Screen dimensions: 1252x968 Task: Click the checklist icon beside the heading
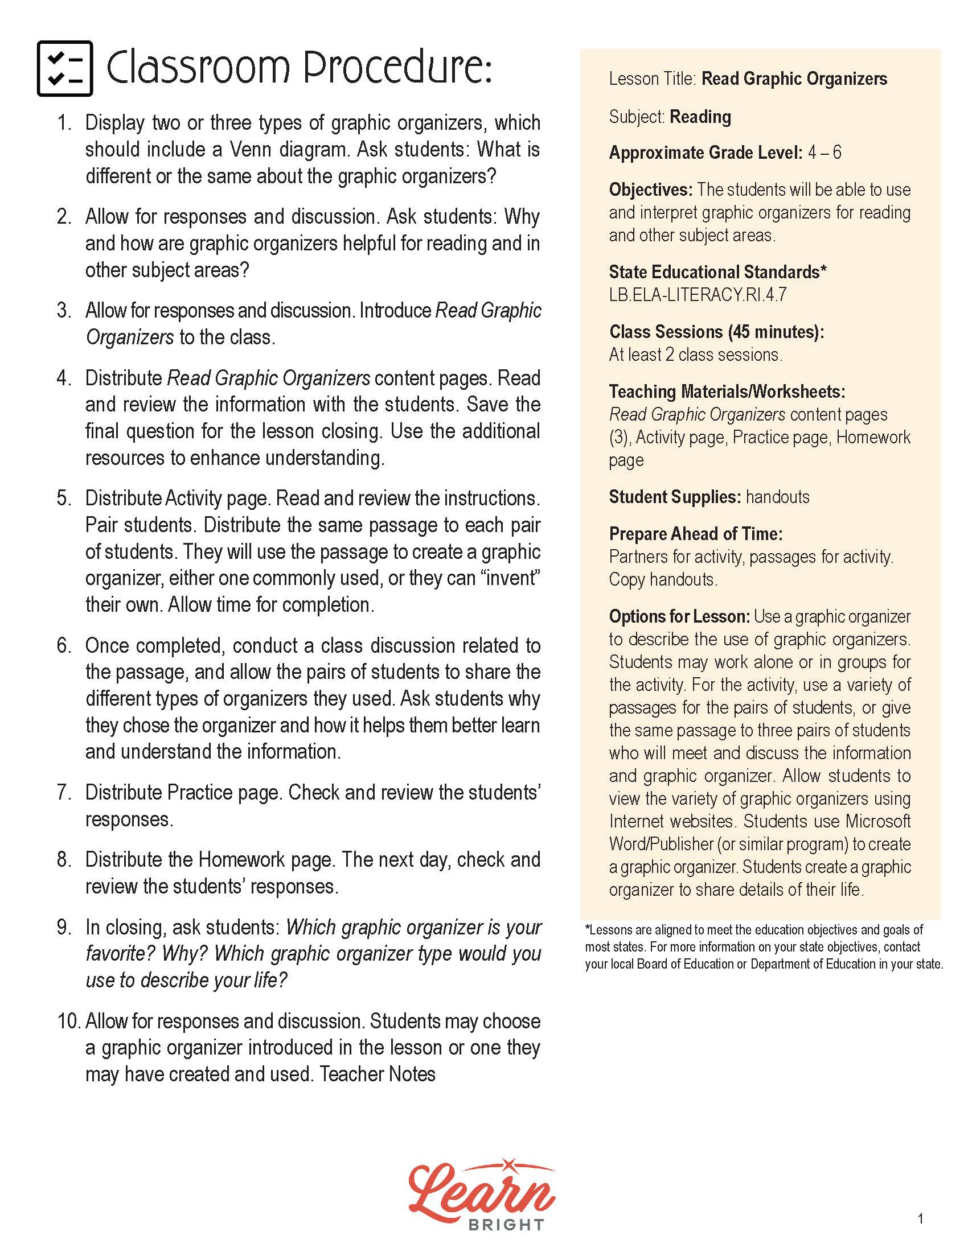(x=65, y=68)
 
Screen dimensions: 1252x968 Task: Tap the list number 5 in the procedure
(x=63, y=498)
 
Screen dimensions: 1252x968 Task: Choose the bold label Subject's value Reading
(x=700, y=117)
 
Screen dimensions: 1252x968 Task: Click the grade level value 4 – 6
(x=825, y=153)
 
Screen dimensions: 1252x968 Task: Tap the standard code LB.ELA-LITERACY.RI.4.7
(x=698, y=295)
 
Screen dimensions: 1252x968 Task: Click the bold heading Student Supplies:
(x=675, y=497)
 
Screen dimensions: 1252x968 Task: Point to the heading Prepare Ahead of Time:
(x=696, y=534)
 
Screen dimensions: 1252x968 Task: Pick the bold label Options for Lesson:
(x=679, y=617)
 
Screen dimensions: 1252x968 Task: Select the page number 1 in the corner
(x=920, y=1220)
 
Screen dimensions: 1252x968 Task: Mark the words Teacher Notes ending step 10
(x=378, y=1074)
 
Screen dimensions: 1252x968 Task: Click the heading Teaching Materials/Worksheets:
(x=727, y=392)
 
